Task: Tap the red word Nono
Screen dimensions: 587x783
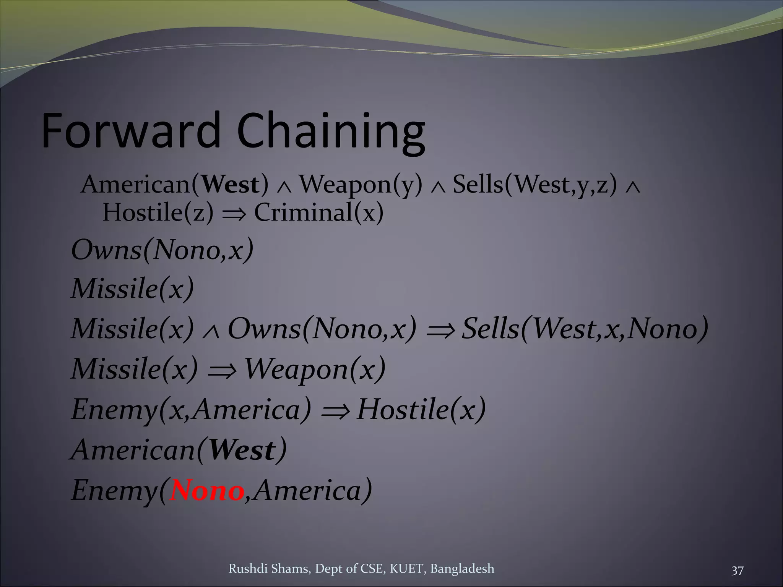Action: point(207,490)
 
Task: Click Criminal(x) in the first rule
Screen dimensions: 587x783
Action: point(318,212)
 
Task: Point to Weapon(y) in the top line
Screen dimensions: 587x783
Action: point(361,185)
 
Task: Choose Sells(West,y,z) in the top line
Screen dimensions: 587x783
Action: point(535,185)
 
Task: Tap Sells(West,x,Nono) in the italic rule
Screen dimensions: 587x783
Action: point(585,329)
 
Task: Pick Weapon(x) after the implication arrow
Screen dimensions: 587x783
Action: point(315,369)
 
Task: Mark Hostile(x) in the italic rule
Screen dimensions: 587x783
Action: point(421,409)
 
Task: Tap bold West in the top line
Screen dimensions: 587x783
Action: point(231,185)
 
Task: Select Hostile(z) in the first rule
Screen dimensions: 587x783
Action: point(158,212)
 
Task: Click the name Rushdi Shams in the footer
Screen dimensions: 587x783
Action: point(270,569)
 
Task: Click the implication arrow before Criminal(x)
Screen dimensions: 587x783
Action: point(233,213)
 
